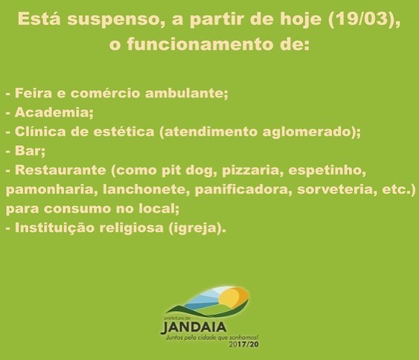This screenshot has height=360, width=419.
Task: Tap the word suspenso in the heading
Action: coord(113,20)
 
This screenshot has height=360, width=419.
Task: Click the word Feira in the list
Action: coord(33,93)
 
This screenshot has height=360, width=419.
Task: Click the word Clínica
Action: coord(40,132)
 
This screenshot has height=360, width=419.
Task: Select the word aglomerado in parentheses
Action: coord(306,132)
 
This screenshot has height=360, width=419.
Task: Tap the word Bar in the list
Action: coord(28,151)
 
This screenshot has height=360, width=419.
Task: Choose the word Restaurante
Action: coord(60,170)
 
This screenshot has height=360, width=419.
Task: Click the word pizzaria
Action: coord(250,170)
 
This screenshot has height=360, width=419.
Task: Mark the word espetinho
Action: coord(325,170)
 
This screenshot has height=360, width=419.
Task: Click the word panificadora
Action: coord(241,190)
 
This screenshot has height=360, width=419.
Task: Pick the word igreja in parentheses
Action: coord(193,228)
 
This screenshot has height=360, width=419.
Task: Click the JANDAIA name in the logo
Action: coord(193,327)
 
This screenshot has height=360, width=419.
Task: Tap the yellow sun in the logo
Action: coord(232,297)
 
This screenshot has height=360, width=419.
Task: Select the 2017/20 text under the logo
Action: coord(243,344)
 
